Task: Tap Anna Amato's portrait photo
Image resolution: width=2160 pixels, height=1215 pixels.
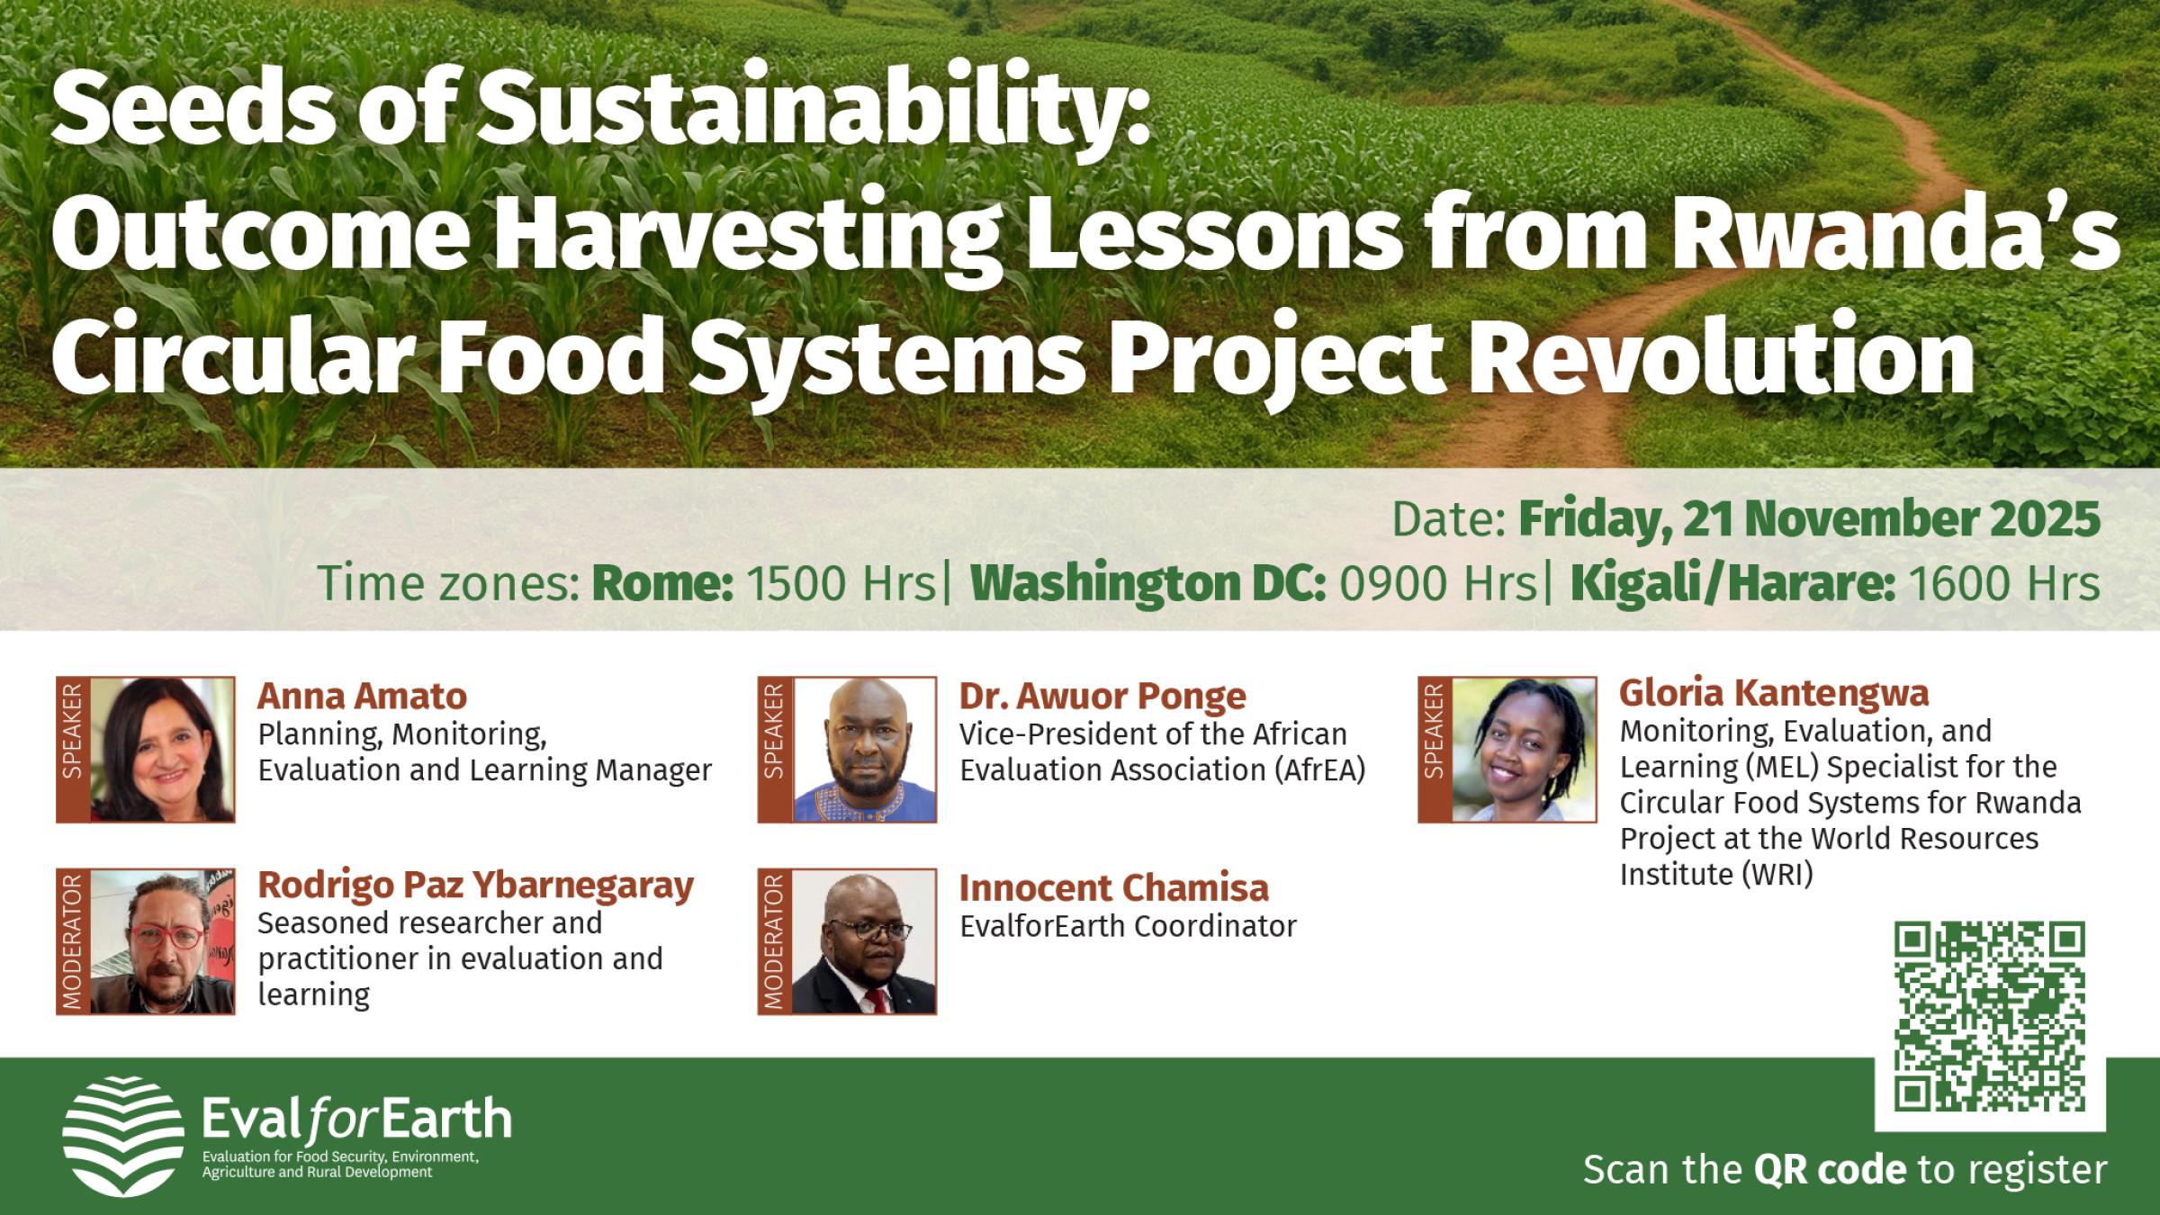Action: pos(162,749)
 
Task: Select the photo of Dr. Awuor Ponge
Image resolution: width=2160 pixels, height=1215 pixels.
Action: pos(864,749)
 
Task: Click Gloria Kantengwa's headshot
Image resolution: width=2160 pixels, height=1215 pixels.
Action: pos(1524,749)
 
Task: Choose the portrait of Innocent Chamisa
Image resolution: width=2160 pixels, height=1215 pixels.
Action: pos(864,941)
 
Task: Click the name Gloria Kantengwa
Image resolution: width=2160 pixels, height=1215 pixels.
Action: pos(1773,693)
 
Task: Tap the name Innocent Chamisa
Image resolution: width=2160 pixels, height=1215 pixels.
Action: pos(1113,888)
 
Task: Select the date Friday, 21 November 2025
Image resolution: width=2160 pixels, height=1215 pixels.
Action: pos(1809,520)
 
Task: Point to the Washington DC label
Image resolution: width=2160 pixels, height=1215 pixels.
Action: pos(1147,584)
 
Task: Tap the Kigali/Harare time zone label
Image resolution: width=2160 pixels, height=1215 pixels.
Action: pos(1732,584)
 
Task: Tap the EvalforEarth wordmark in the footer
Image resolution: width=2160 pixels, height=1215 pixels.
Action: pos(356,1120)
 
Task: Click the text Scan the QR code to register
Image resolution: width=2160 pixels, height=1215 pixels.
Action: pos(1845,1170)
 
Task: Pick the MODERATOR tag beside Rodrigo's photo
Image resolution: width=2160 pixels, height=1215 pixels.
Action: pos(73,941)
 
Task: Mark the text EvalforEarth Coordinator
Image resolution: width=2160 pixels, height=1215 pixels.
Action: pos(1128,926)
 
